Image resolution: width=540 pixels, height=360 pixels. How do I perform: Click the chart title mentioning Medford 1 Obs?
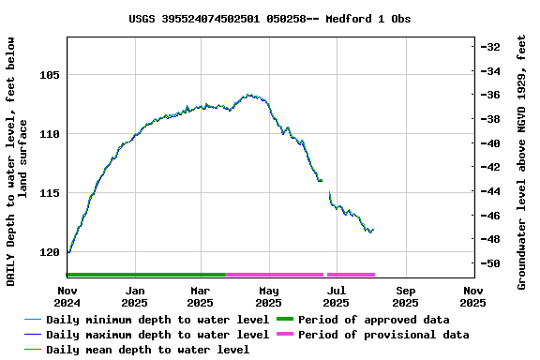coord(269,19)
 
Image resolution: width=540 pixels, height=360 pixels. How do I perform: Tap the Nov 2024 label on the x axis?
coord(67,296)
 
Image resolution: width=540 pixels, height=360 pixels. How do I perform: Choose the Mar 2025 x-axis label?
coord(200,296)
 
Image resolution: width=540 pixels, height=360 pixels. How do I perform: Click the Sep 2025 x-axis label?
coord(405,296)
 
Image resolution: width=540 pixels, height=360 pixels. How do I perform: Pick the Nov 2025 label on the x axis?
coord(472,296)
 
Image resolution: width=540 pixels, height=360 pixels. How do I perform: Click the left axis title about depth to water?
coord(17,161)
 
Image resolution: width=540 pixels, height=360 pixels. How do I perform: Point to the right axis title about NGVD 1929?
coord(522,161)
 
